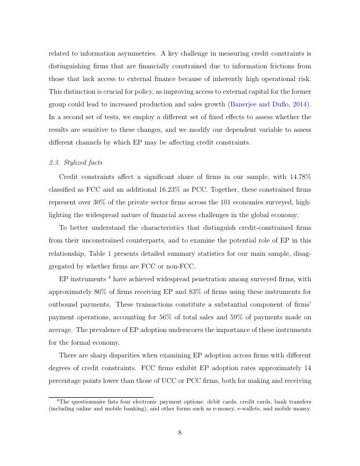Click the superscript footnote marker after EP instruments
tap(110, 277)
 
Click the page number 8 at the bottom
tap(180, 433)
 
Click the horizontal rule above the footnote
tap(101, 397)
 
